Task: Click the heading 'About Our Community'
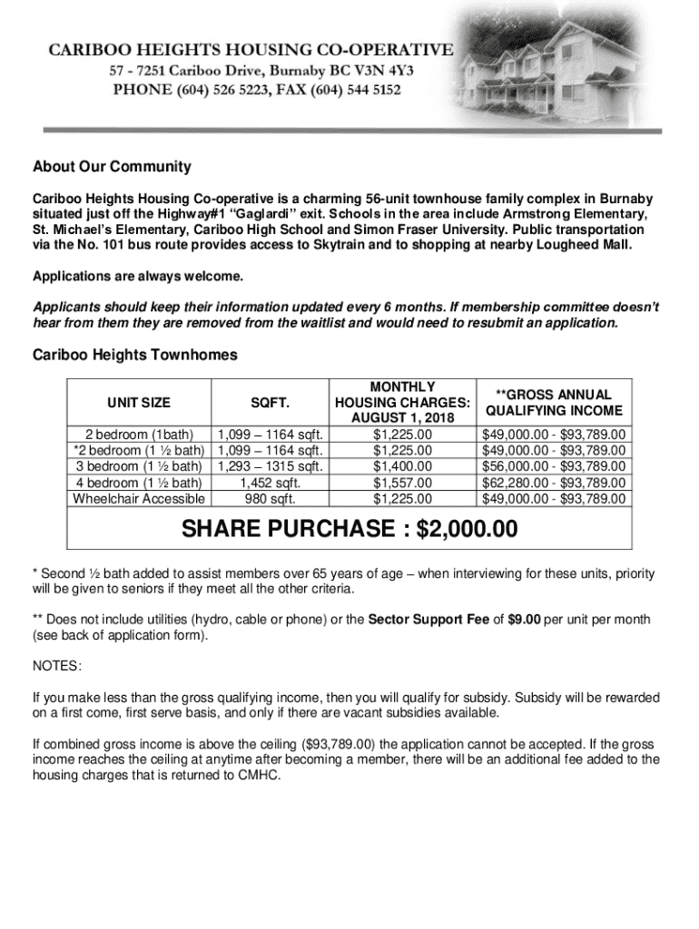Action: pos(112,167)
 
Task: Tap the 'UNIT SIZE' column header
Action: pos(139,402)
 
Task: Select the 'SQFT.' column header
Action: pos(271,402)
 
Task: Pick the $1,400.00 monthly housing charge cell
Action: pos(402,466)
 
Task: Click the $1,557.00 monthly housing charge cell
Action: pos(402,483)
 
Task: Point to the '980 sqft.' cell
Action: pos(271,499)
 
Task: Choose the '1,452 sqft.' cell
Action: pos(271,483)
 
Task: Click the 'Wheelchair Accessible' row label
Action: pos(139,499)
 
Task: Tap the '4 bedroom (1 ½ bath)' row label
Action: pos(139,483)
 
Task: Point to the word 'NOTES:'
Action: pos(57,667)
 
